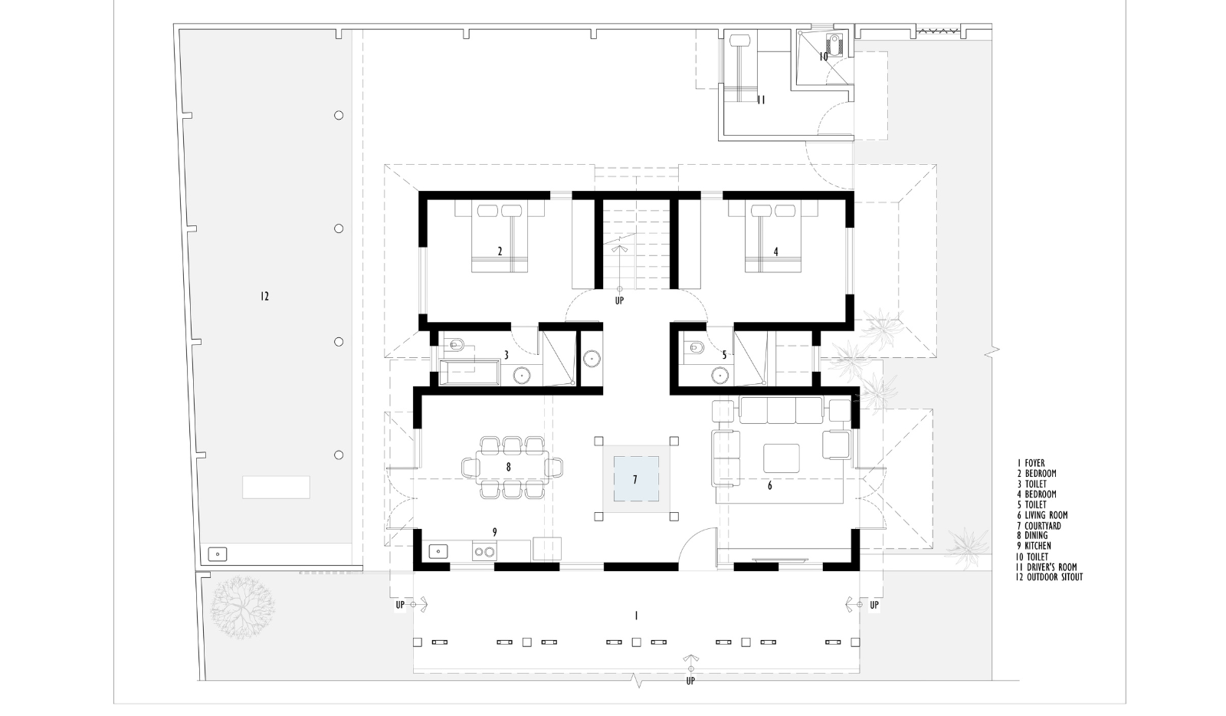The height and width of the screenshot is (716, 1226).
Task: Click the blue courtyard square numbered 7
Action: click(x=635, y=479)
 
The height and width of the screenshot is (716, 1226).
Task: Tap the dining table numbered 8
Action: click(x=513, y=467)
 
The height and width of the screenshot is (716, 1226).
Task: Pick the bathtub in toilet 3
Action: click(x=470, y=373)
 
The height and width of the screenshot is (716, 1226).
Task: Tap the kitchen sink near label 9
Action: click(x=438, y=551)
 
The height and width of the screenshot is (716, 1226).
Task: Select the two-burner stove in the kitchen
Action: click(x=484, y=551)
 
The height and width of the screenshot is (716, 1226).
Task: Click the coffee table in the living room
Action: click(x=781, y=458)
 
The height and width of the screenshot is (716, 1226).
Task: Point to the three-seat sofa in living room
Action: click(x=781, y=410)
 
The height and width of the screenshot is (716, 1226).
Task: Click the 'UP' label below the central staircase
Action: click(x=620, y=301)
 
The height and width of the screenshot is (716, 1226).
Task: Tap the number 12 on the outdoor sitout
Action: click(x=265, y=296)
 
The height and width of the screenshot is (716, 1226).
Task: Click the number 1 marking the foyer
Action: click(x=636, y=616)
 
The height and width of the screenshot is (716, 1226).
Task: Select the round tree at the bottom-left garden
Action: click(x=242, y=606)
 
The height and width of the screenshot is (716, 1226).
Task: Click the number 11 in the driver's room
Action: click(x=761, y=100)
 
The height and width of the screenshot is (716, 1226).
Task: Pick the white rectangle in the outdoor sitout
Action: click(x=276, y=488)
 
